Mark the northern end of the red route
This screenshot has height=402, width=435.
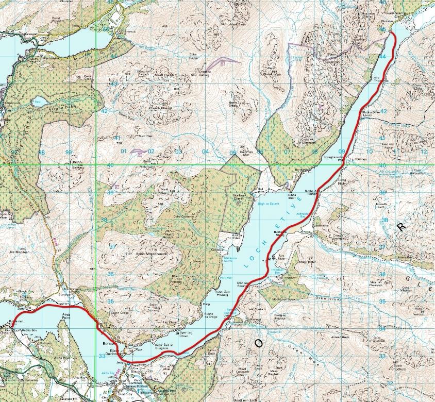pyautogui.click(x=392, y=32)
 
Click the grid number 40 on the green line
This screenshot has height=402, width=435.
pyautogui.click(x=111, y=165)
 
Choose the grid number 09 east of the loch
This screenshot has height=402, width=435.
pyautogui.click(x=341, y=152)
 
